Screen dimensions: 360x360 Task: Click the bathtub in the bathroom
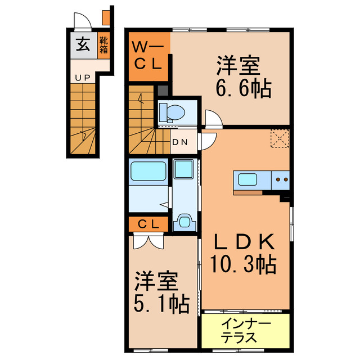pyautogui.click(x=147, y=170)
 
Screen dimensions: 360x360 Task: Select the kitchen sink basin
pyautogui.click(x=248, y=180)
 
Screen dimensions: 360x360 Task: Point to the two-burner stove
pyautogui.click(x=281, y=180)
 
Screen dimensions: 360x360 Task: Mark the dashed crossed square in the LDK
pyautogui.click(x=280, y=138)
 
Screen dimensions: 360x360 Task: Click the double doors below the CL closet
pyautogui.click(x=148, y=241)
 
